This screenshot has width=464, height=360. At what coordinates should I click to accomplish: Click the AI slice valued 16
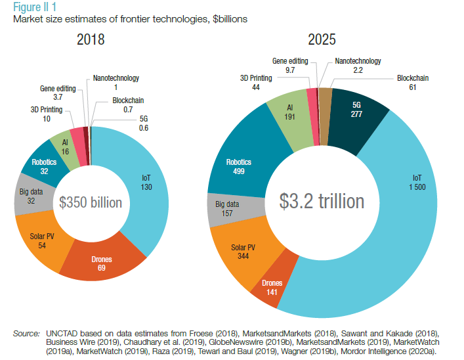coord(66,146)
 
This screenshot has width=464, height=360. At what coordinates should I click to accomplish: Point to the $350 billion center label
coord(91,202)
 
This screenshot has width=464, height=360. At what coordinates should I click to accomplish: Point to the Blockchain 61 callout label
coord(413,83)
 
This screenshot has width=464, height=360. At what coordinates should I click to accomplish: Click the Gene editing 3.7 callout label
coord(58,92)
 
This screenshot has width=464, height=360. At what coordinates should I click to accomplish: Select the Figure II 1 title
coord(34,7)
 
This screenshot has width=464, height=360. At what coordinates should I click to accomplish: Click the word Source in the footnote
coord(27,334)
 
